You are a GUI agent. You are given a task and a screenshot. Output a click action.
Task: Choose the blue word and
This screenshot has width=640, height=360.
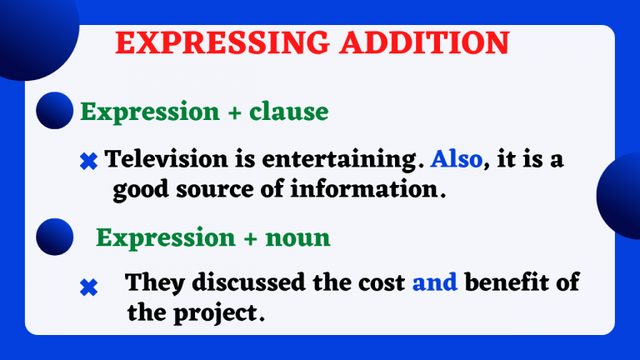click(435, 282)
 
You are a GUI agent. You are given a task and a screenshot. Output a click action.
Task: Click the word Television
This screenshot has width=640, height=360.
click(167, 159)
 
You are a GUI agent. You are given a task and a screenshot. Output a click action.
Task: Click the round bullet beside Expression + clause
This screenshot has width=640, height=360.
click(56, 110)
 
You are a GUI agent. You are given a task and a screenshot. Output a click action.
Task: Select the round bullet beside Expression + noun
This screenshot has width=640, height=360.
click(56, 235)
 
